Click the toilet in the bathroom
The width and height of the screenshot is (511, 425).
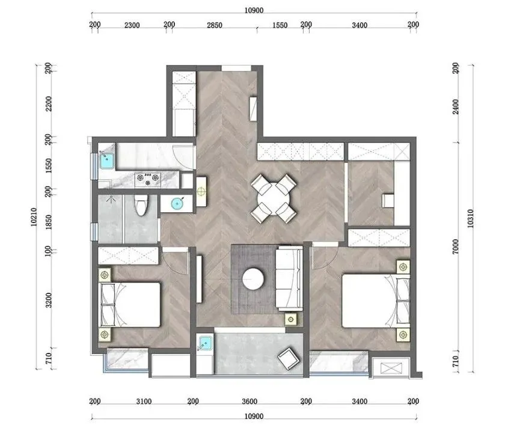141,206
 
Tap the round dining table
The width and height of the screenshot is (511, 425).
274,199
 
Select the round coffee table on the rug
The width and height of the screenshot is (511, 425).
253,279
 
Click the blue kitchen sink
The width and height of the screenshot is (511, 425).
107,160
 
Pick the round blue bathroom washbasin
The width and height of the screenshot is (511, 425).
177,204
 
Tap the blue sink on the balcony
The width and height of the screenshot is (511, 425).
206,343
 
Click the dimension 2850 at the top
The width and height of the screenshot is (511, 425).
215,25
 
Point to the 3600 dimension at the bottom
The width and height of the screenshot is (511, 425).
249,402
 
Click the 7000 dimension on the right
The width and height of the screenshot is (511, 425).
456,246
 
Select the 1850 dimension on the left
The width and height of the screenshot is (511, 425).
49,222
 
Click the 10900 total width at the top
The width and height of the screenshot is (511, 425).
254,10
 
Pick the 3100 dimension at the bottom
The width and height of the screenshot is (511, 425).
144,402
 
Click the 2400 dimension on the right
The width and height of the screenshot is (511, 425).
456,106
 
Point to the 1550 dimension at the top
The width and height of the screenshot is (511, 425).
280,25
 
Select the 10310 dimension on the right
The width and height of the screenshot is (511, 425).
470,218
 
